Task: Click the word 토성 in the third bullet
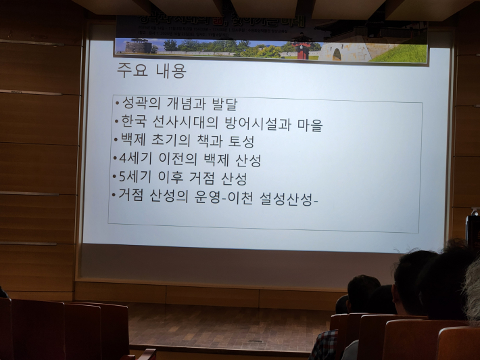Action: click(239, 142)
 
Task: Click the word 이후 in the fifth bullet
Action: click(172, 178)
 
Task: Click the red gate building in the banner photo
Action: click(302, 49)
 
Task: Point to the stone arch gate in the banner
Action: click(335, 53)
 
